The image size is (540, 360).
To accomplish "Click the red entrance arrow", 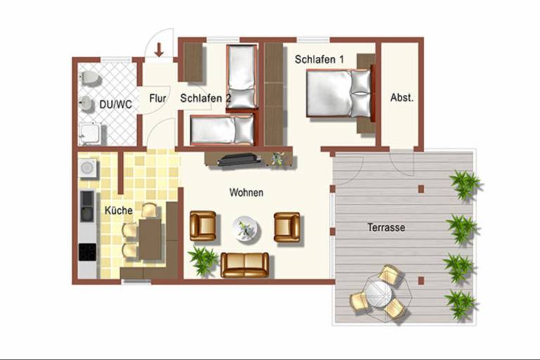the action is (x=159, y=50).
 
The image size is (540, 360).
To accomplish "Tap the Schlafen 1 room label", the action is (x=319, y=59).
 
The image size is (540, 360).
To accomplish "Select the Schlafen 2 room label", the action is (x=205, y=98).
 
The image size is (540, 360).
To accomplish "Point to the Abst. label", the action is (x=401, y=98).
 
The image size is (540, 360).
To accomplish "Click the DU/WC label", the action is (x=115, y=104).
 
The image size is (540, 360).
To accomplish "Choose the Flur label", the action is (x=157, y=98).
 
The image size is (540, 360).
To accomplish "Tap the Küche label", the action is (x=118, y=210).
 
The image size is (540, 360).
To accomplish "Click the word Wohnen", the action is (x=247, y=193).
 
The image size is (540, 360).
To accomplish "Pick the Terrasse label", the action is (x=386, y=227).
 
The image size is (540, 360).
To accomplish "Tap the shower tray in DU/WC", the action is (x=90, y=134).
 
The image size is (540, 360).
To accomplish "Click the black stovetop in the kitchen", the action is (x=87, y=252).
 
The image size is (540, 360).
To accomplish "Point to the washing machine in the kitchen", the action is (x=87, y=168).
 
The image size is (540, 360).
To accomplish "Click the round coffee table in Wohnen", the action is (x=246, y=229).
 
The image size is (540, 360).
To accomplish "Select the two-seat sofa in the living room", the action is (x=245, y=265).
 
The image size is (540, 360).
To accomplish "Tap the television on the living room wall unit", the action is (x=239, y=160).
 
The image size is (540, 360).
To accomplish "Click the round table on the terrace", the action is (x=378, y=294).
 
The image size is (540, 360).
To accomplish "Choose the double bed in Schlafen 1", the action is (x=339, y=93).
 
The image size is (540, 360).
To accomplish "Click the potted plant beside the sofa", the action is (x=203, y=260).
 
